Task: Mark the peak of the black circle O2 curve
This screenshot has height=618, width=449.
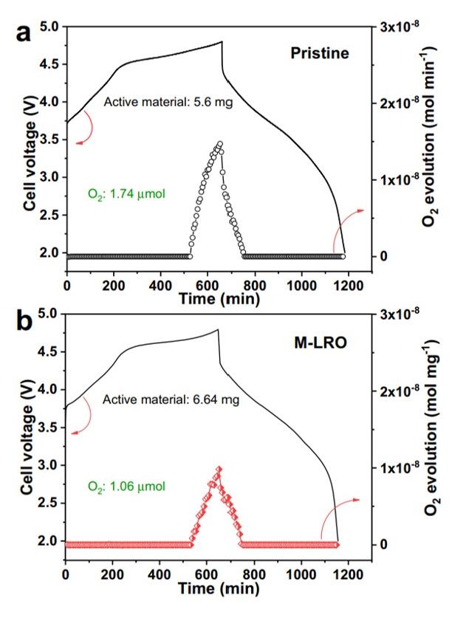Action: point(219,144)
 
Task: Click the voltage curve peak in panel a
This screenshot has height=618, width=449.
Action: point(222,42)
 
